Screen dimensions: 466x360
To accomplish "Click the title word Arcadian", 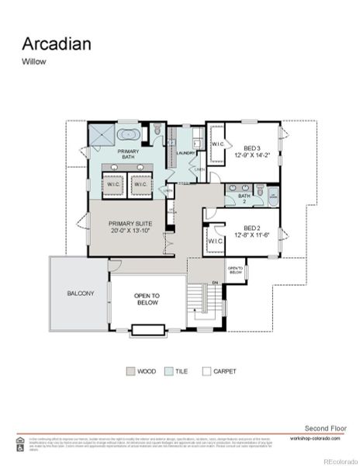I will point(56,43).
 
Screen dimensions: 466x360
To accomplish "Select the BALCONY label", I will point(80,294).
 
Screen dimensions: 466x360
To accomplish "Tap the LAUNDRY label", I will point(185,153).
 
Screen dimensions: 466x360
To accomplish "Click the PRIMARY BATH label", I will point(128,155).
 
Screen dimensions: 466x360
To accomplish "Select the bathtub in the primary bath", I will point(128,134).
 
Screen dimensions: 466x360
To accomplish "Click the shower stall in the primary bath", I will point(100,135).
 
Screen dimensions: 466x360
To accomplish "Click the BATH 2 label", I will point(244,198).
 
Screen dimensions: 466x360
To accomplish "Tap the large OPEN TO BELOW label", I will point(147,300).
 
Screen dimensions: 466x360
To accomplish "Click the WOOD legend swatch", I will point(130,372).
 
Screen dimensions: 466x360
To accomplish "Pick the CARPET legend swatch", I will point(206,372).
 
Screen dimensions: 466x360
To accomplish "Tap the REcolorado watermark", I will point(338,459).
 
